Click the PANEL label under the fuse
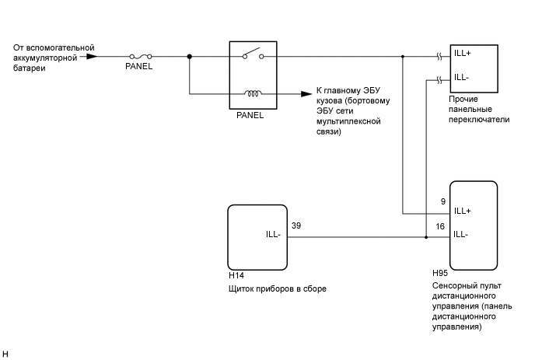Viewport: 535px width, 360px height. [139, 67]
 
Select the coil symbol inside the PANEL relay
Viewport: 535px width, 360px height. [252, 95]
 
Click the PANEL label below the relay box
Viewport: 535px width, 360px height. [250, 115]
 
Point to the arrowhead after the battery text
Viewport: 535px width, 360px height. [92, 56]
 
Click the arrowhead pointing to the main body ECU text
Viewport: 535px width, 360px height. [306, 95]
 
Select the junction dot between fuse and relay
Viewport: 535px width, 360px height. [190, 56]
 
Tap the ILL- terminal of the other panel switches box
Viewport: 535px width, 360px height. [462, 76]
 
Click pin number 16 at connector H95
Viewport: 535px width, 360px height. [440, 225]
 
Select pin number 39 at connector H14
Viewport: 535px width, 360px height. [296, 225]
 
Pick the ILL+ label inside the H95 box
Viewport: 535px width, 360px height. [463, 211]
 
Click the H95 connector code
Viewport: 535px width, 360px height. [439, 274]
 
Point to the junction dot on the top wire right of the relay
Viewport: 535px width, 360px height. [403, 56]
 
